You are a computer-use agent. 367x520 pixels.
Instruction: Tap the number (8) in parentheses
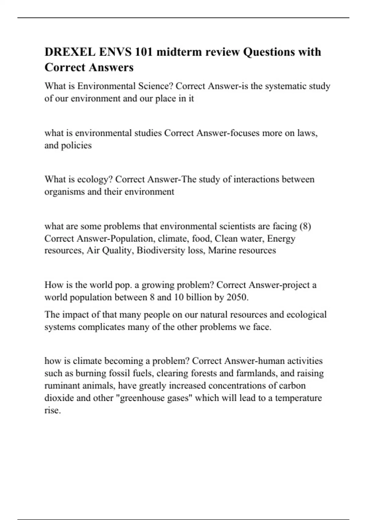[305, 226]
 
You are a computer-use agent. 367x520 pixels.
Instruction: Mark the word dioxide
[59, 398]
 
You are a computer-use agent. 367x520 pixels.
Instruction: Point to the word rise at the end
[52, 410]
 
